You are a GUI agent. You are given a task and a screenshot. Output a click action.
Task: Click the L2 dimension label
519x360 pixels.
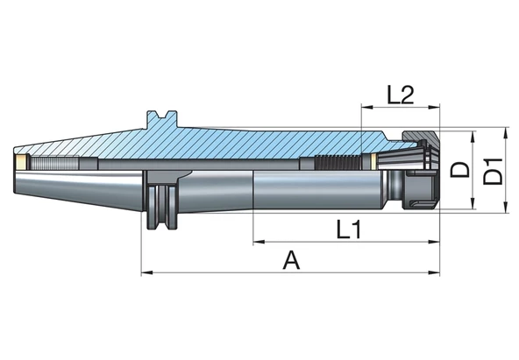pyautogui.click(x=401, y=95)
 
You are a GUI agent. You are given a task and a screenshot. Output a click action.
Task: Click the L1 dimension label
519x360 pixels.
pyautogui.click(x=349, y=229)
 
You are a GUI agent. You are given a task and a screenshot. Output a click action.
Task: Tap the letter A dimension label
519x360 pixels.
pyautogui.click(x=292, y=260)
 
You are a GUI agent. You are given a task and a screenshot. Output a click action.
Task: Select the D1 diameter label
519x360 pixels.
pyautogui.click(x=494, y=171)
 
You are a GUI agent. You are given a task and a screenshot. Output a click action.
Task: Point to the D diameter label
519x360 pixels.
pyautogui.click(x=460, y=170)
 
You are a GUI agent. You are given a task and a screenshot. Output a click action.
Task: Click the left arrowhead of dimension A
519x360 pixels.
pyautogui.click(x=147, y=272)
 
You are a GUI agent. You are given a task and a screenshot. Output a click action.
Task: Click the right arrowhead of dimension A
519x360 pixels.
pyautogui.click(x=434, y=272)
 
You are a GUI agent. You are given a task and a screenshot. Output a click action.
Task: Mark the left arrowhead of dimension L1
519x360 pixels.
pyautogui.click(x=259, y=242)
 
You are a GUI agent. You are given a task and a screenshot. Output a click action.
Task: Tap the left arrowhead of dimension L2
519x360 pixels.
pyautogui.click(x=367, y=107)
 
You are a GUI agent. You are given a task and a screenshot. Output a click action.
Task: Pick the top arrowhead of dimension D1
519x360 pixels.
pyautogui.click(x=506, y=133)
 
